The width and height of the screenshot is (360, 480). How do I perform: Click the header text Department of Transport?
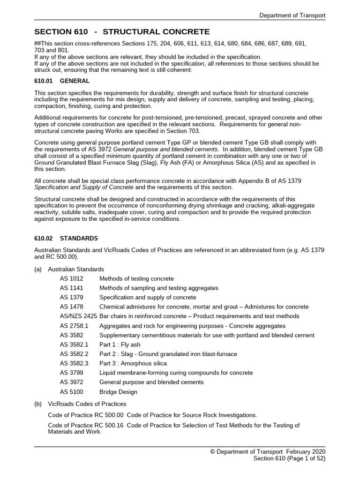click(x=292, y=15)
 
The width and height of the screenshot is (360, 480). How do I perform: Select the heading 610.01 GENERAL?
click(x=62, y=81)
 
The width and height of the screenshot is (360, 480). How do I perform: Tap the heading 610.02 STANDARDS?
click(x=66, y=238)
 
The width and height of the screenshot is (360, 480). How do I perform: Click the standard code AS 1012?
click(x=71, y=279)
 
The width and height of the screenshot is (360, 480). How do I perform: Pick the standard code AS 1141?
click(x=71, y=288)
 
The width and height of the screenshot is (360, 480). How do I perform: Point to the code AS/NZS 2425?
click(x=78, y=316)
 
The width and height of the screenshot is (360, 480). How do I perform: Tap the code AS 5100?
click(x=71, y=391)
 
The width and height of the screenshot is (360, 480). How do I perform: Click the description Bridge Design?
click(x=118, y=391)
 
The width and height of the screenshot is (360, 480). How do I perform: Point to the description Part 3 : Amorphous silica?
click(x=133, y=363)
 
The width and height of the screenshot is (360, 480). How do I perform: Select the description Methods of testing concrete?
click(x=136, y=279)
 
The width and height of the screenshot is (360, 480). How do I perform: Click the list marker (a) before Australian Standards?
click(x=38, y=270)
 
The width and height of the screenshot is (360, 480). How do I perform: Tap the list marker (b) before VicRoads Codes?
click(x=38, y=404)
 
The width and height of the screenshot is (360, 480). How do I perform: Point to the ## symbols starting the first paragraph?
click(x=37, y=43)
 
